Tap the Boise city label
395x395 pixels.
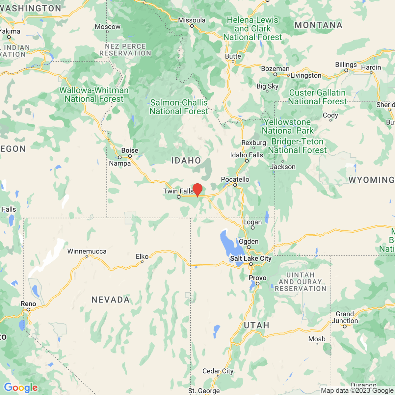point(130,150)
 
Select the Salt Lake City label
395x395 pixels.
point(251,258)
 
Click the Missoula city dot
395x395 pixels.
point(192,26)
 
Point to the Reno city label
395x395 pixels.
point(28,304)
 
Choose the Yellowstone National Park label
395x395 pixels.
point(287,126)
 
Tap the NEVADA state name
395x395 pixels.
point(111,300)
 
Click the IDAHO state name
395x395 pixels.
point(186,161)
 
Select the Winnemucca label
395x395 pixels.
point(87,251)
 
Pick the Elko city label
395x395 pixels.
point(142,256)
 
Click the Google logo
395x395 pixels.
point(21,387)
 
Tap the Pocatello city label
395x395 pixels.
point(235,179)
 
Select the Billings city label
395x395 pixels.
point(346,65)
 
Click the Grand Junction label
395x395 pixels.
point(345,317)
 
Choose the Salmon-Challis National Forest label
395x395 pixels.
point(179,107)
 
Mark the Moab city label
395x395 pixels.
point(317,339)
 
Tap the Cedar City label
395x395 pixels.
point(218,371)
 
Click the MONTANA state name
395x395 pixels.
point(318,25)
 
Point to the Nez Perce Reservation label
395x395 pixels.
point(125,50)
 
